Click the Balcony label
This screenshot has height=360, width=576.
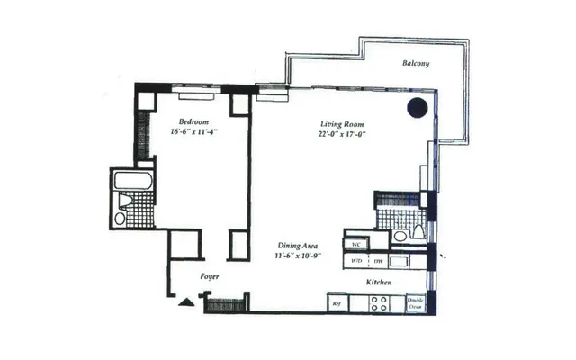click(416, 63)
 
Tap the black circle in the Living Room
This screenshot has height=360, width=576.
click(417, 108)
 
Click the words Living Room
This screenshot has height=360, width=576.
click(342, 123)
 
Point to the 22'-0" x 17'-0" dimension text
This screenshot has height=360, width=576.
click(342, 134)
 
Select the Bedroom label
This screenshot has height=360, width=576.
click(193, 121)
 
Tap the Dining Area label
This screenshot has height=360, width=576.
click(300, 245)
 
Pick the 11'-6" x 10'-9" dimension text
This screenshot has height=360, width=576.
click(300, 256)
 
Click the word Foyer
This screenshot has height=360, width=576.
click(209, 276)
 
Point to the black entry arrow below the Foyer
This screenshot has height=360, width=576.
click(185, 303)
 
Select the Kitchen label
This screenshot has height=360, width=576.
click(378, 283)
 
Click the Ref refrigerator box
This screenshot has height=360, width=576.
click(337, 304)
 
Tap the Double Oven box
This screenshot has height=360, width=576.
click(415, 303)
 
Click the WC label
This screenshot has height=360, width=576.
click(356, 244)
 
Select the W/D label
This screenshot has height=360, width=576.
click(357, 261)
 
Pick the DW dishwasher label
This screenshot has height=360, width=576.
click(380, 261)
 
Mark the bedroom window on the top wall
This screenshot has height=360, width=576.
click(193, 91)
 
